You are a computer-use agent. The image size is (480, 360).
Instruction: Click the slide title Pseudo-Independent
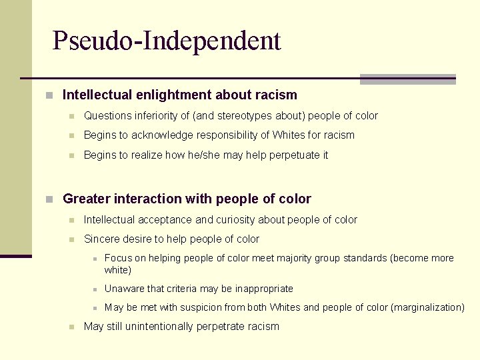tap(167, 41)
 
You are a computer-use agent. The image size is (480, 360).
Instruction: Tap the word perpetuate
tap(289, 155)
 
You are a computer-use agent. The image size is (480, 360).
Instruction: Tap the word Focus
tap(118, 258)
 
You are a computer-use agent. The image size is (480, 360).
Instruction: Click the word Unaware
tap(124, 289)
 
